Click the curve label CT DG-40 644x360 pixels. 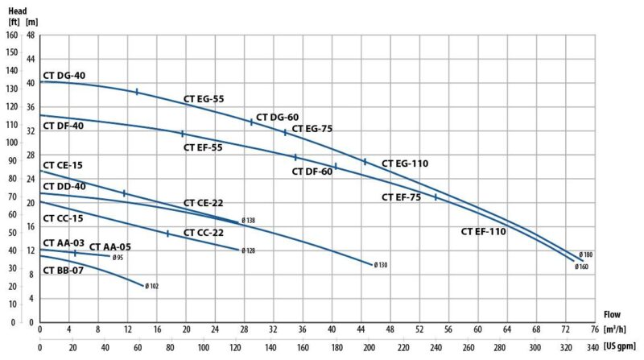pyautogui.click(x=64, y=75)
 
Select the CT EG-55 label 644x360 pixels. pyautogui.click(x=204, y=99)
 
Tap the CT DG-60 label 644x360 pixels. pyautogui.click(x=278, y=117)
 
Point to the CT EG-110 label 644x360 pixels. pyautogui.click(x=405, y=163)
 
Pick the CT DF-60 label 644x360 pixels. pyautogui.click(x=312, y=172)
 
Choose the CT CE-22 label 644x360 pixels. pyautogui.click(x=204, y=203)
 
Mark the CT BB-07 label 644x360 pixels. pyautogui.click(x=63, y=271)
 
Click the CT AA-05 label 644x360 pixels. pyautogui.click(x=109, y=247)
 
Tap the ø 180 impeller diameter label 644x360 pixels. pyautogui.click(x=585, y=255)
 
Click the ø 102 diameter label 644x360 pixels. pyautogui.click(x=152, y=286)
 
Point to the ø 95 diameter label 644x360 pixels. pyautogui.click(x=118, y=258)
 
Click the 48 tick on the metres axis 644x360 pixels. pyautogui.click(x=30, y=35)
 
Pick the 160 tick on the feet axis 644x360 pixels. pyautogui.click(x=11, y=35)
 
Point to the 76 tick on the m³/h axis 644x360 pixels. pyautogui.click(x=593, y=329)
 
